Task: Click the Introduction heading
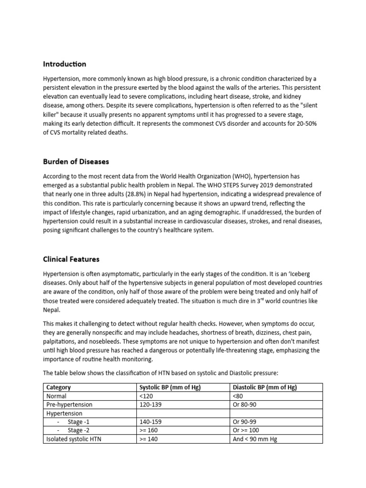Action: coord(64,64)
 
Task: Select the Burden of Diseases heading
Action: coord(76,162)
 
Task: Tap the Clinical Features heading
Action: coord(71,259)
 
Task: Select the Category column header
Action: coord(59,387)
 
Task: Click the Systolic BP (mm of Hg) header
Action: coord(170,387)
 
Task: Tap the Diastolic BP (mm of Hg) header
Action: coord(264,387)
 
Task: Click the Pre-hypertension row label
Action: coord(69,405)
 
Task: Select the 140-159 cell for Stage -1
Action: coord(150,422)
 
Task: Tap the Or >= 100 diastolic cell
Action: coord(248,430)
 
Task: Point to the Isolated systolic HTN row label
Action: coord(73,439)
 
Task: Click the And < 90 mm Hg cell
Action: coord(254,439)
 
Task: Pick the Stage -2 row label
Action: coord(79,430)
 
